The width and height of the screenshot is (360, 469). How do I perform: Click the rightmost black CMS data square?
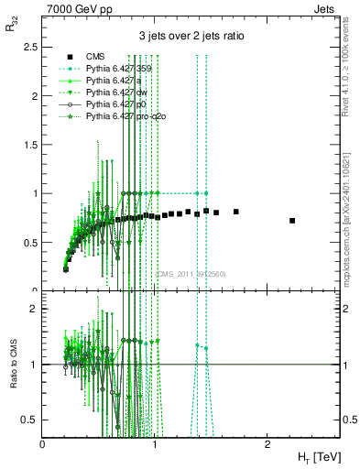coord(292,221)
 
